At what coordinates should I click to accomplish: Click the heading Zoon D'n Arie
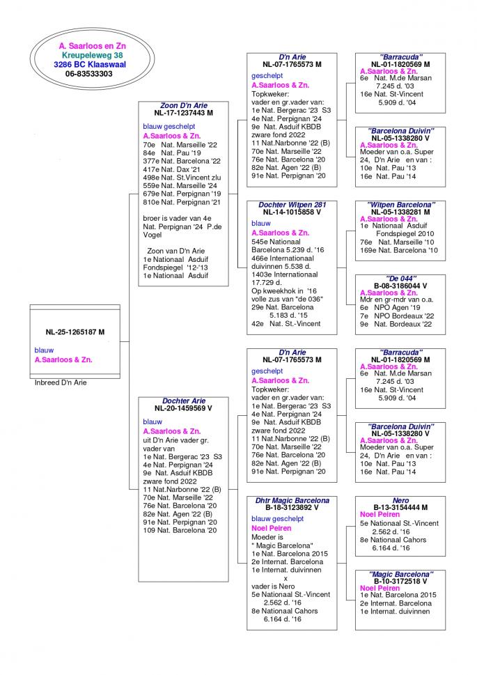184,105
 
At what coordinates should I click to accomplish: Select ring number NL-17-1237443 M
184,113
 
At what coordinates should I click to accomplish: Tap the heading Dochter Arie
184,401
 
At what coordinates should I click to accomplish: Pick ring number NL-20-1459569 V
184,408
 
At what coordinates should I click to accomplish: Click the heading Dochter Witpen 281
292,205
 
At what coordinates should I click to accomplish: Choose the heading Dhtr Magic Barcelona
292,500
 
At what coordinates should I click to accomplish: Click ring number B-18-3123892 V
292,508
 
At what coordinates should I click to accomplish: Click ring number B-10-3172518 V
400,581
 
